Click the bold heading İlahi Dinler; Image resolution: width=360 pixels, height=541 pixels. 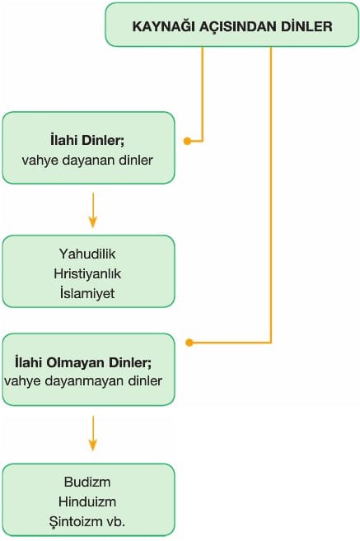tap(87, 141)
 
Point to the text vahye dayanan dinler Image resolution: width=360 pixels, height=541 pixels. tap(87, 160)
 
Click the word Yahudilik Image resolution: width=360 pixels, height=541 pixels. tap(87, 254)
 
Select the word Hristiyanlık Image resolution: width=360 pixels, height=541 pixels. tap(87, 273)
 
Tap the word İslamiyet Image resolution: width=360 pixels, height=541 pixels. tap(87, 293)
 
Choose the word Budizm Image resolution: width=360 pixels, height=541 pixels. tap(87, 482)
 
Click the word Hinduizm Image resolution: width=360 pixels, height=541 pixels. tap(87, 501)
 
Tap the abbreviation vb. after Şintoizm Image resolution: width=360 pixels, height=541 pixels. tap(116, 521)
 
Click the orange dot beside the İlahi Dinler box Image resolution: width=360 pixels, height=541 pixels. tap(188, 141)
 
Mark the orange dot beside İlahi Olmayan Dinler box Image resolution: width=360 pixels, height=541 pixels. tap(189, 343)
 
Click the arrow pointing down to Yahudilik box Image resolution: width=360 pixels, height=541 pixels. tap(93, 211)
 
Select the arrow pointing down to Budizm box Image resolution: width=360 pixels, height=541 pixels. tap(93, 433)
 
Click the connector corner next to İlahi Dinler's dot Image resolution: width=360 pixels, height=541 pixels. tap(203, 141)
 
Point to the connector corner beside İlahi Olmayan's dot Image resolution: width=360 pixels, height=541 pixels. tap(271, 343)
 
